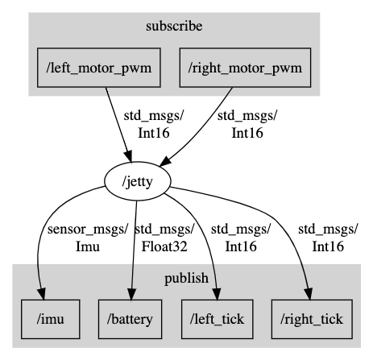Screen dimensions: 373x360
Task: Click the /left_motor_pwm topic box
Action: [x=99, y=68]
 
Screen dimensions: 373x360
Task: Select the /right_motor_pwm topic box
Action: [x=245, y=68]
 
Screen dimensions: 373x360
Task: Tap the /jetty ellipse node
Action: [x=138, y=181]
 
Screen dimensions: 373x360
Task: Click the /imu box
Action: [x=51, y=319]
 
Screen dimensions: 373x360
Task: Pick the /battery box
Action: [x=130, y=319]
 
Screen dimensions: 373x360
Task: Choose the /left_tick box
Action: [x=218, y=319]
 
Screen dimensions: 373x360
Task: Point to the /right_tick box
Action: [x=312, y=319]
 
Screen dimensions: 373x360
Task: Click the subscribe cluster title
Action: [x=174, y=27]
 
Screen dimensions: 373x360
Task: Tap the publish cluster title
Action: [x=186, y=278]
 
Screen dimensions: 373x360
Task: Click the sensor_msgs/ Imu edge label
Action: [x=88, y=238]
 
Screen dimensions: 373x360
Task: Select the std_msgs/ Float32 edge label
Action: [x=164, y=238]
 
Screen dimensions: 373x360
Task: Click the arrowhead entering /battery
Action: [x=131, y=294]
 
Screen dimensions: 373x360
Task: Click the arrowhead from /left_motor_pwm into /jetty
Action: [x=128, y=156]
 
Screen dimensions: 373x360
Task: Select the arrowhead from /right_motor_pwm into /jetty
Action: [x=165, y=161]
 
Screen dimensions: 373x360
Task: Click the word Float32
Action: [x=164, y=246]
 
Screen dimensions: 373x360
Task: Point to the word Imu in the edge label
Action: [x=88, y=246]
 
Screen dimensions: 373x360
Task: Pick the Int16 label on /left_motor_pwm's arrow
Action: [x=154, y=133]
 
